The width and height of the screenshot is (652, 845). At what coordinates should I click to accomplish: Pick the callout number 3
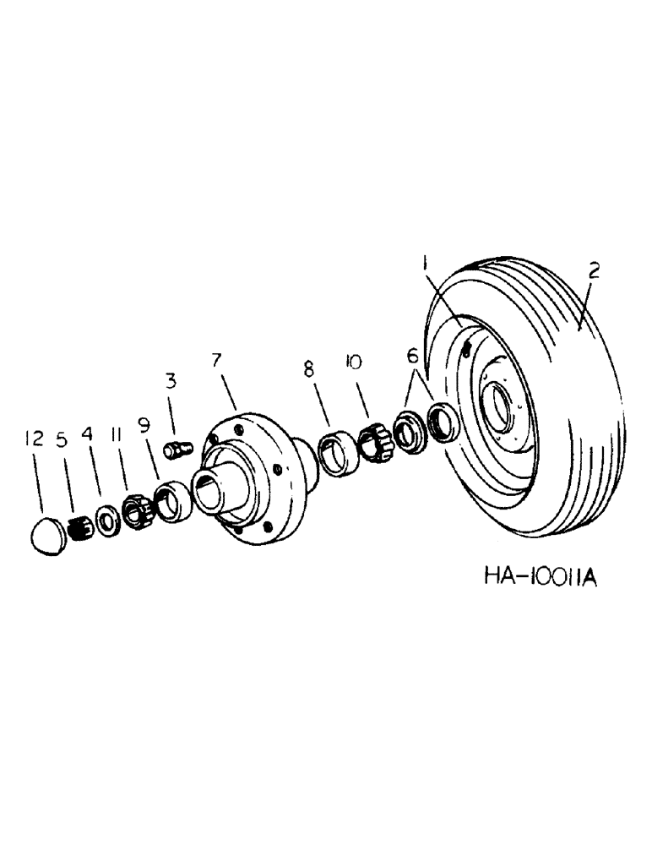point(171,381)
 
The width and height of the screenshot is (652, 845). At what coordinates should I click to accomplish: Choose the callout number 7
point(217,361)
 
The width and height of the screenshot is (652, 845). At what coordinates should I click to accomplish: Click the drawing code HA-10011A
point(541,577)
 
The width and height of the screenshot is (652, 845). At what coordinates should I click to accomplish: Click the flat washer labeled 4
point(107,520)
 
